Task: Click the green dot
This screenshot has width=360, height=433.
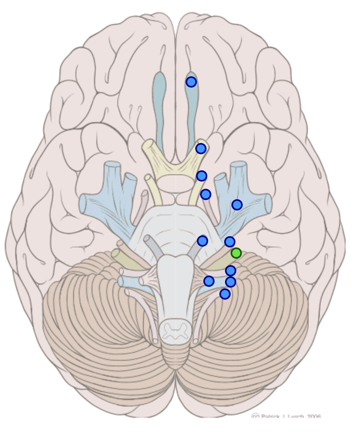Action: tap(236, 253)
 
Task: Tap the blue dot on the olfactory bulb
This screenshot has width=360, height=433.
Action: tap(191, 82)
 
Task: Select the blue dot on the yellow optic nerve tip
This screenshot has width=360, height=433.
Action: tap(201, 149)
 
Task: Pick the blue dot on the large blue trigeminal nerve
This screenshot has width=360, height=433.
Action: tap(237, 205)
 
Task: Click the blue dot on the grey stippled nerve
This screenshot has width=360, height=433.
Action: tap(202, 241)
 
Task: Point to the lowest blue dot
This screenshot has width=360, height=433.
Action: tap(225, 294)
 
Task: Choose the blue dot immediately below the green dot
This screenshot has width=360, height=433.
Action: tap(230, 271)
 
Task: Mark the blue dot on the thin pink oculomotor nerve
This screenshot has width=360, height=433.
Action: tap(206, 194)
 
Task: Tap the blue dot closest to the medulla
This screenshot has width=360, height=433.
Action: tap(209, 281)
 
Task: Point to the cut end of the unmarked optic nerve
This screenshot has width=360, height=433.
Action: tap(147, 145)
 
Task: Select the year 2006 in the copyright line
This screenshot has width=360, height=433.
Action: tap(313, 417)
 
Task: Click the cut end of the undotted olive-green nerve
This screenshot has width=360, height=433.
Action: tap(115, 254)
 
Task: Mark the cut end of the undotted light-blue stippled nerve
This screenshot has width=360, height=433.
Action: tap(121, 281)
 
